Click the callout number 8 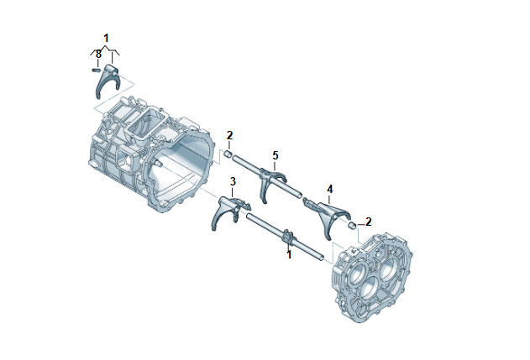[98, 54]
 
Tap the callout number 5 [275, 156]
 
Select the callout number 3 [233, 182]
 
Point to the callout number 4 [330, 189]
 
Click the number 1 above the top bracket [106, 38]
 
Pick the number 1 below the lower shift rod [289, 254]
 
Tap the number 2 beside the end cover [369, 222]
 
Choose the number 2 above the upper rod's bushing [230, 136]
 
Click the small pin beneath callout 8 [96, 70]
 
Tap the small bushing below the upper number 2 [228, 155]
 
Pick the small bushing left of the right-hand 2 [352, 225]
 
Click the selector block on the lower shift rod [287, 236]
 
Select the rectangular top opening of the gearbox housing [146, 125]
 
